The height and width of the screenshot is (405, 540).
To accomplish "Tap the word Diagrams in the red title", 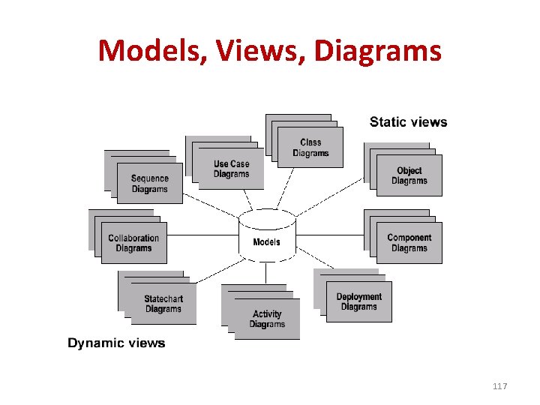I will click(378, 51).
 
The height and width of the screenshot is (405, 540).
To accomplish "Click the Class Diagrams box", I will click(310, 148).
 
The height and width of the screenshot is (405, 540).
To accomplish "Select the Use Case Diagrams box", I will click(231, 169).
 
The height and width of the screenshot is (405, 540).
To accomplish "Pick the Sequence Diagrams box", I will click(149, 184).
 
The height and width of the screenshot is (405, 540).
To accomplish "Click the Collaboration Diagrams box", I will click(133, 243).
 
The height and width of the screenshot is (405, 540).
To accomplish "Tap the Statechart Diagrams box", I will click(163, 304).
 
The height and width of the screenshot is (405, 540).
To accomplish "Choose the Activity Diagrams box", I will click(267, 319).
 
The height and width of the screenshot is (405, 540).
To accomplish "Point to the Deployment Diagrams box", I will click(358, 301).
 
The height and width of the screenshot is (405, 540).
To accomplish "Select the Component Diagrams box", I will click(409, 243).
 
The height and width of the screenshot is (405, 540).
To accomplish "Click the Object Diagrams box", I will click(409, 175).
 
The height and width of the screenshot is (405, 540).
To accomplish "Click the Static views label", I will click(408, 122).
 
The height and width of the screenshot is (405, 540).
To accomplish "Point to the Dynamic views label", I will click(116, 343).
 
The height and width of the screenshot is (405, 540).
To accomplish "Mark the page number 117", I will click(500, 386).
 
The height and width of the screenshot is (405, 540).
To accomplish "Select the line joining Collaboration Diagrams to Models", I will click(202, 235).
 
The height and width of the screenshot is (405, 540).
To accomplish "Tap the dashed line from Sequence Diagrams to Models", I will click(211, 208).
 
